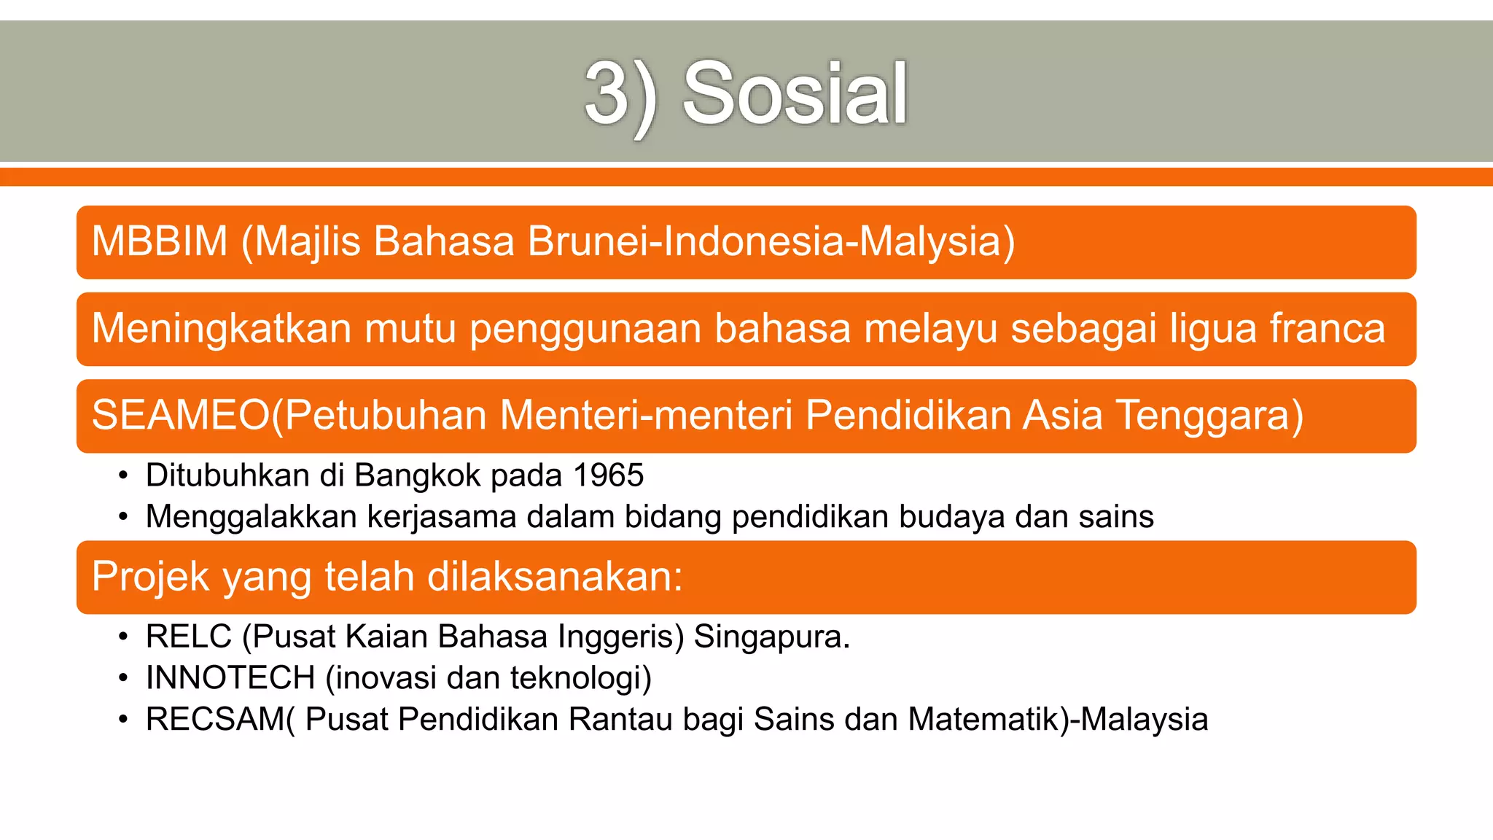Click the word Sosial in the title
[x=795, y=93]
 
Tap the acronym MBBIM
[x=160, y=241]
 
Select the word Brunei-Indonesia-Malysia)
[x=771, y=241]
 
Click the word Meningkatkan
[x=222, y=328]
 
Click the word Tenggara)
[x=1209, y=415]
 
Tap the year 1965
[x=609, y=475]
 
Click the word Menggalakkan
[x=252, y=517]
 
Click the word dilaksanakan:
[x=555, y=577]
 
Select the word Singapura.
[x=771, y=637]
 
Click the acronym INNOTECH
[x=230, y=678]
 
